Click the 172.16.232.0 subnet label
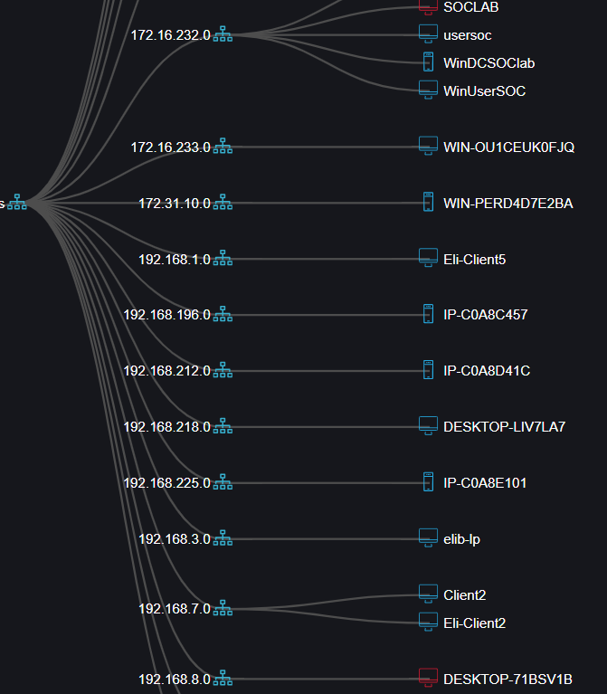170,35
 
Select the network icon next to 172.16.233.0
223,147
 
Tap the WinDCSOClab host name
488,63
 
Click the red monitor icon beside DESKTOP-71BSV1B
428,678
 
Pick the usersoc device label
468,35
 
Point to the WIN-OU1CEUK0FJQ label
508,147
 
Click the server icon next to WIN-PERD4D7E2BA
428,203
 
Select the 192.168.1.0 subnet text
174,260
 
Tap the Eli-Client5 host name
474,260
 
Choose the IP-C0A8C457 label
485,315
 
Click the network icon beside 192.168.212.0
223,371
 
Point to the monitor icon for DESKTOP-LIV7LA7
428,426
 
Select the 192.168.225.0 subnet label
166,483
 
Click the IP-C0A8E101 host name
485,483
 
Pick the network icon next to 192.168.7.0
223,609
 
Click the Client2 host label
464,595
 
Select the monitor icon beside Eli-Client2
428,623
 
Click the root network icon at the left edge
17,204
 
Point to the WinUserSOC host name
484,91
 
